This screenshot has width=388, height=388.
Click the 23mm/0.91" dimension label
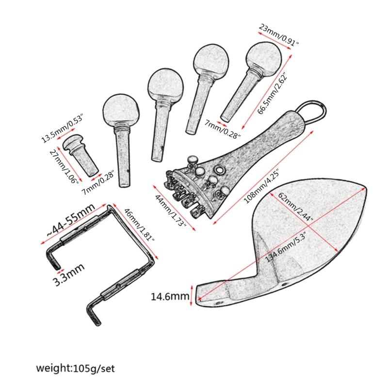point(279,34)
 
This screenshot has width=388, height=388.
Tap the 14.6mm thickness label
point(170,296)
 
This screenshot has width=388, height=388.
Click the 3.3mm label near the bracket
point(68,274)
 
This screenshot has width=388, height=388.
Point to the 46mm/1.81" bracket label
point(139,225)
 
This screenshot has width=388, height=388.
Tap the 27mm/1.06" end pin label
point(64,166)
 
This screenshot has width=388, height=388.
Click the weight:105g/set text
point(76,368)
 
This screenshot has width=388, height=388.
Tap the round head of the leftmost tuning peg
point(121,109)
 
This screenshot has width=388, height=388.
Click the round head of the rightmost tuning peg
point(263,58)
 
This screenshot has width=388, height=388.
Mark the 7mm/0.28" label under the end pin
point(98,183)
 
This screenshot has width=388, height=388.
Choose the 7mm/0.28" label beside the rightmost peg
point(222,129)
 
